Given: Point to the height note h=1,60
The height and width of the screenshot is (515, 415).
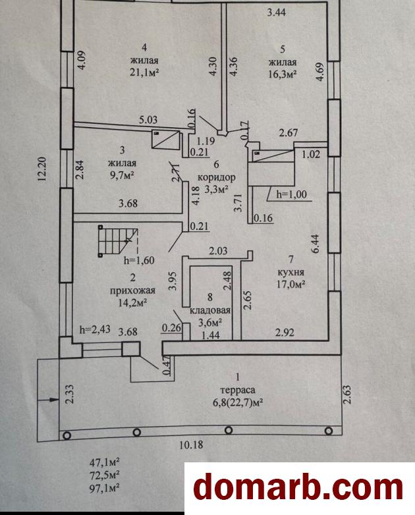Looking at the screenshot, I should [142, 259].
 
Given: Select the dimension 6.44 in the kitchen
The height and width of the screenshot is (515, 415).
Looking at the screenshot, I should [315, 244].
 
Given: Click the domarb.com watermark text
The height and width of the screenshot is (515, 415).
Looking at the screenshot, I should [298, 488].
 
